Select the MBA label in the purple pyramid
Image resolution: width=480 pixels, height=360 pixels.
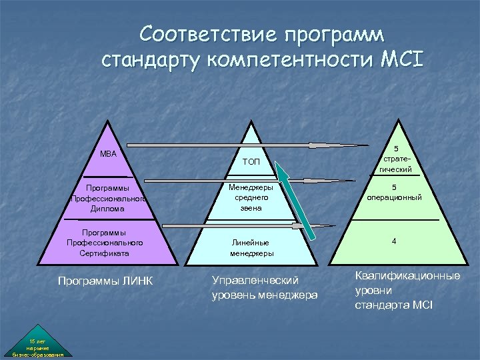click(108, 154)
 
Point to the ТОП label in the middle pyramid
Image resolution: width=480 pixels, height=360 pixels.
click(251, 162)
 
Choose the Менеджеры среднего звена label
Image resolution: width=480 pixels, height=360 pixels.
click(251, 198)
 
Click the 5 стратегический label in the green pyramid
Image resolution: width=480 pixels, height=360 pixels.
click(395, 159)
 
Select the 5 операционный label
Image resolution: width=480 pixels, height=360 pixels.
click(395, 193)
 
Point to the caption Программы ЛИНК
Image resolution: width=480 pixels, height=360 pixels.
click(105, 281)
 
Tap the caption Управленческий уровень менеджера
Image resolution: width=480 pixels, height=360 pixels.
click(264, 288)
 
